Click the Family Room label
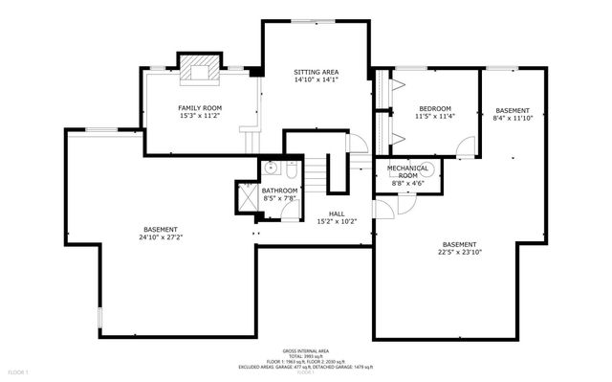click(x=199, y=107)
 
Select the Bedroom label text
click(x=433, y=109)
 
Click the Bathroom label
click(x=280, y=191)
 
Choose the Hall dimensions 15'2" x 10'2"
click(x=337, y=221)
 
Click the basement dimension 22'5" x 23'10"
click(x=458, y=254)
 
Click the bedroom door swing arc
click(x=465, y=146)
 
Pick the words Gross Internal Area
click(x=305, y=351)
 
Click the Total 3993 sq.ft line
click(x=306, y=356)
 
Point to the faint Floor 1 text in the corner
click(x=17, y=371)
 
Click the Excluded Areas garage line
click(x=306, y=367)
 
